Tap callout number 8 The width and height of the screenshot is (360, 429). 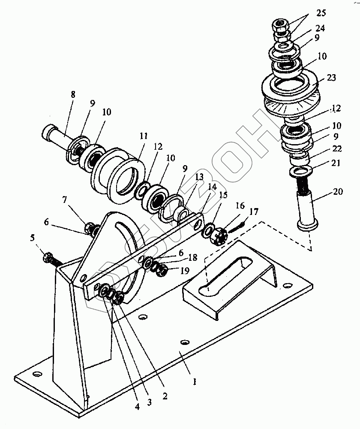click(73, 95)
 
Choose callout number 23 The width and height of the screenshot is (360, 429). click(331, 78)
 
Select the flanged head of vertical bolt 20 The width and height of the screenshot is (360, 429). click(308, 224)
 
